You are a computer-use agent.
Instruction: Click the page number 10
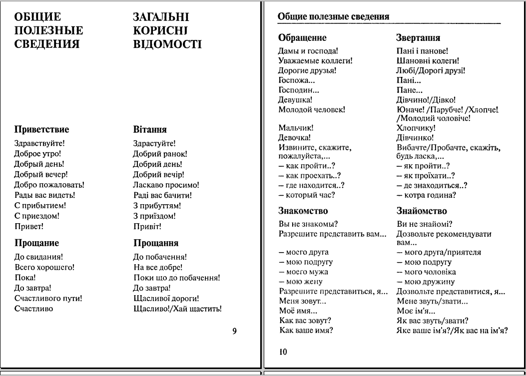[x=283, y=352]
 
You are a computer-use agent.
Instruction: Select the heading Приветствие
[x=41, y=130]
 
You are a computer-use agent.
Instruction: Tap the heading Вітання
[x=150, y=130]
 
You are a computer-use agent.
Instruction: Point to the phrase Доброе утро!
[x=38, y=153]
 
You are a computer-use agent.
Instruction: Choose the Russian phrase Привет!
[x=29, y=227]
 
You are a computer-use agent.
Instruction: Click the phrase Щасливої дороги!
[x=166, y=298]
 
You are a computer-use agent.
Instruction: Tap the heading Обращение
[x=302, y=38]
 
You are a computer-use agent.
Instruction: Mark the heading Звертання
[x=418, y=38]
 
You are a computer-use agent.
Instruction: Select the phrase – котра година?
[x=426, y=195]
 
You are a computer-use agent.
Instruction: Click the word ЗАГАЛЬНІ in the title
[x=161, y=17]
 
